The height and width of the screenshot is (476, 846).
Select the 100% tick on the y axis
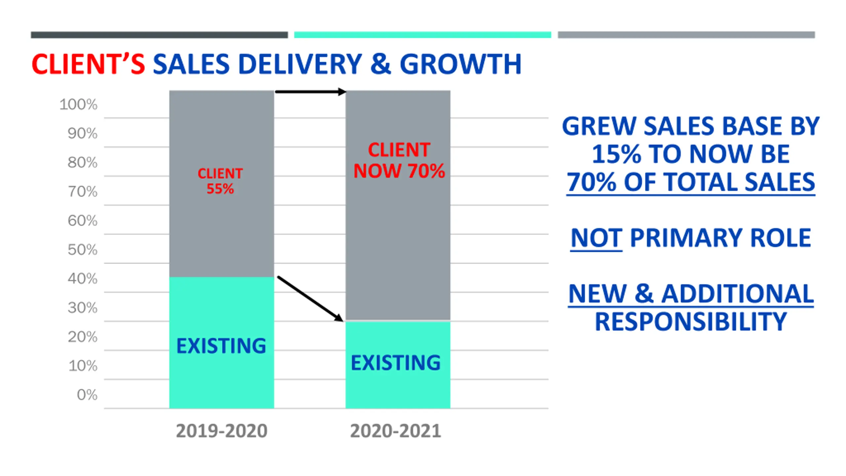click(79, 104)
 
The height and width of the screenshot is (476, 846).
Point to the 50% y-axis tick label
click(83, 250)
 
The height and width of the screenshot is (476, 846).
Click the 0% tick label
click(87, 395)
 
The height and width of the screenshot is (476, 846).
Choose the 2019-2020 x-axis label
click(221, 431)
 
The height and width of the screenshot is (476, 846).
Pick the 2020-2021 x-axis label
click(396, 431)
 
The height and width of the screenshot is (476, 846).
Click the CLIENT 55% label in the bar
click(220, 181)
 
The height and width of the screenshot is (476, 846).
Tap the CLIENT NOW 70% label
click(399, 161)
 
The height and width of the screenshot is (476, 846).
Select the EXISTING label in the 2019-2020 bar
click(221, 346)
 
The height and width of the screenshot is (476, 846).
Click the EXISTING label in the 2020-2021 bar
click(396, 363)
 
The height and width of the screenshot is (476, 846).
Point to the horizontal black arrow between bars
click(310, 92)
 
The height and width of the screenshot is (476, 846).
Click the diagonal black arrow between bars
click(310, 298)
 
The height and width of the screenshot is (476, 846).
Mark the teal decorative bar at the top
click(422, 35)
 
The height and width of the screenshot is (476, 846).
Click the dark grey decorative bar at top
click(159, 35)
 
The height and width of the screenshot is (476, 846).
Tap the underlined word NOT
click(596, 238)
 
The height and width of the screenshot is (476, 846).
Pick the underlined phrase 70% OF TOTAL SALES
click(691, 182)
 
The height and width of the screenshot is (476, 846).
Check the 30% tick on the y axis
click(83, 308)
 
